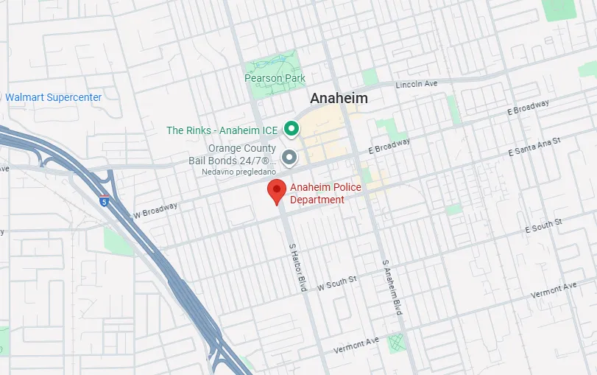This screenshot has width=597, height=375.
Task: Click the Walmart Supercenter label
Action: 53,97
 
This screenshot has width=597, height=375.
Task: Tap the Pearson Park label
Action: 275,79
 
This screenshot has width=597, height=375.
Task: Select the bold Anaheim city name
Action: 339,98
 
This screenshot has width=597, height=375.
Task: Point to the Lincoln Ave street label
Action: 417,85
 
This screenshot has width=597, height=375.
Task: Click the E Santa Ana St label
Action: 534,147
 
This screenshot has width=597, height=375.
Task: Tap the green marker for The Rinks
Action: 291,130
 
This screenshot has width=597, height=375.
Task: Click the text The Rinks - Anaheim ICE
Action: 222,130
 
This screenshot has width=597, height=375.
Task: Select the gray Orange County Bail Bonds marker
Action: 290,157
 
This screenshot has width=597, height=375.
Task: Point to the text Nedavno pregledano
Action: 239,172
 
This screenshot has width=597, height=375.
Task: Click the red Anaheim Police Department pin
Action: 276,190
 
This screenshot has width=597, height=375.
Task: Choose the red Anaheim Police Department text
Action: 325,194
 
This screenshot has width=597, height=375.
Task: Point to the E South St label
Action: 543,225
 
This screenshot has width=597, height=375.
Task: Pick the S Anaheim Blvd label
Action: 392,287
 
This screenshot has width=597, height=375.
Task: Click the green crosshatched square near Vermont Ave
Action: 396,343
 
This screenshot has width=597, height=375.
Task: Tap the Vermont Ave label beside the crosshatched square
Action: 356,344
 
